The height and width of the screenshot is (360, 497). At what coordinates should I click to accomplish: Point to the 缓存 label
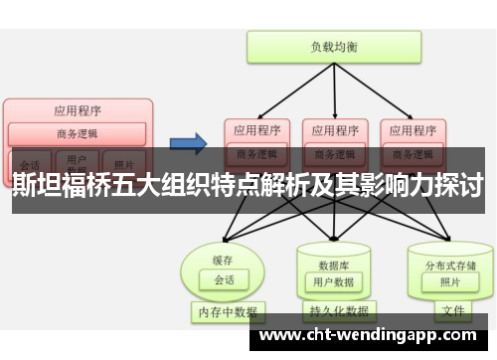click(x=222, y=261)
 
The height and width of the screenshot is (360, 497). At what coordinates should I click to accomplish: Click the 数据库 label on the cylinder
click(x=332, y=266)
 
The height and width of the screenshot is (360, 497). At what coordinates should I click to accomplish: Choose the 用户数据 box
click(x=332, y=282)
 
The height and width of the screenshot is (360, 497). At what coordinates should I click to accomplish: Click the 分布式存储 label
click(x=443, y=266)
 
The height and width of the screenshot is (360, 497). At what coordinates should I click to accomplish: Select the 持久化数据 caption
click(x=333, y=312)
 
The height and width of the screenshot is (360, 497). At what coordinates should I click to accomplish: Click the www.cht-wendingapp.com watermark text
click(x=372, y=336)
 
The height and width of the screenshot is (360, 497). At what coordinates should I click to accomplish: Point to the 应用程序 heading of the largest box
click(x=78, y=110)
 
